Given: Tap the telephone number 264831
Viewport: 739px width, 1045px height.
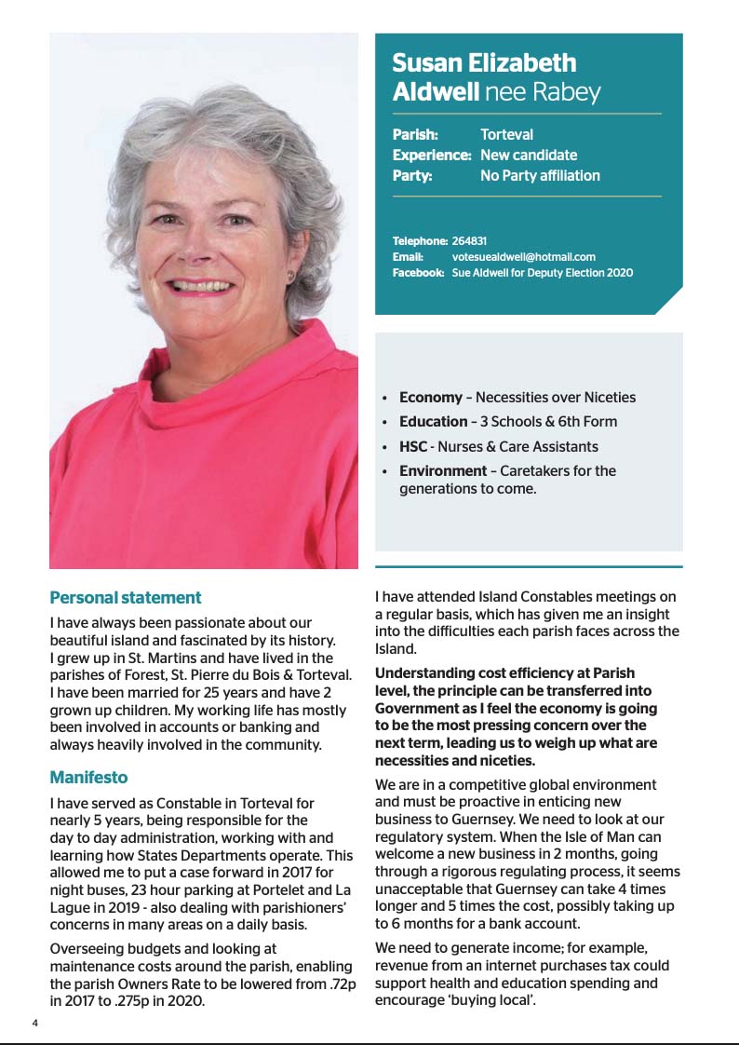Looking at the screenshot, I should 469,240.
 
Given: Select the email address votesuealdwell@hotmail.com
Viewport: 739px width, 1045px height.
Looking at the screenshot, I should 523,256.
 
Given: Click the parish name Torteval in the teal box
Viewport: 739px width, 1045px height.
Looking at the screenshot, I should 506,135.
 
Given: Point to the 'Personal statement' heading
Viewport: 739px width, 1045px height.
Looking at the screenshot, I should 125,597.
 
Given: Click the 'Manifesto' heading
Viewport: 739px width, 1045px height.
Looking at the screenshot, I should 88,777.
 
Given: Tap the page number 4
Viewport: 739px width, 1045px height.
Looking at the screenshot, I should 35,1023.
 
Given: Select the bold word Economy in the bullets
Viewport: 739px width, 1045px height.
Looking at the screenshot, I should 430,398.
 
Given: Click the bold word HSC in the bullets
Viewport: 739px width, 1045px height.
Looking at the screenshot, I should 413,446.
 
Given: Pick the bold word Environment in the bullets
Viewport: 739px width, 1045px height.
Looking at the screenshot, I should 443,470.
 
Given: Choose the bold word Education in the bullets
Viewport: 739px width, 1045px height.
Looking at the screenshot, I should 433,422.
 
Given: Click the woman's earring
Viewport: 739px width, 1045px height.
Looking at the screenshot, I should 289,276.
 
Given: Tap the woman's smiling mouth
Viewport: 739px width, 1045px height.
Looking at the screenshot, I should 202,285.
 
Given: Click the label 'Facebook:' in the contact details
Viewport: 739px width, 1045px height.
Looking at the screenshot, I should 418,273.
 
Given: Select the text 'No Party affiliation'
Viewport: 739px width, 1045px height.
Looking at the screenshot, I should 540,176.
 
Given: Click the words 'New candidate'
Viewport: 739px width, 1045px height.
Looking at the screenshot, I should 528,156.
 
